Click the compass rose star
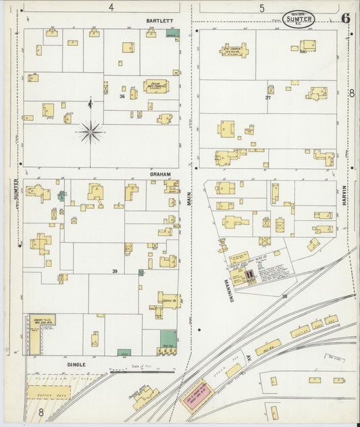pos(90,131)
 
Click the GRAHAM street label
pos(160,174)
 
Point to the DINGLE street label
pos(76,364)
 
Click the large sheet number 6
pos(345,18)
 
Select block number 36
pos(122,97)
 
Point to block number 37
pos(268,98)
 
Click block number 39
pos(115,271)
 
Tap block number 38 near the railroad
pos(284,297)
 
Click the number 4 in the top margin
pos(111,7)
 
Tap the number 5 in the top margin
pos(261,8)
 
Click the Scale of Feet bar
pos(142,372)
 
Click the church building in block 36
pos(156,86)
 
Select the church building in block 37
pos(234,50)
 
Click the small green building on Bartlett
pos(172,33)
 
